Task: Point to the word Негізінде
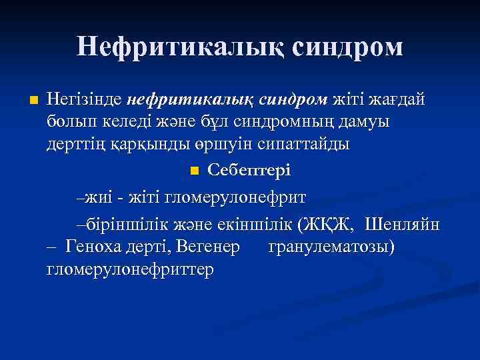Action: pos(84,100)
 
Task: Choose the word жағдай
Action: pos(401,100)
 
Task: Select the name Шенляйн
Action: pos(403,225)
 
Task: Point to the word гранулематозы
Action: pos(331,247)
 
